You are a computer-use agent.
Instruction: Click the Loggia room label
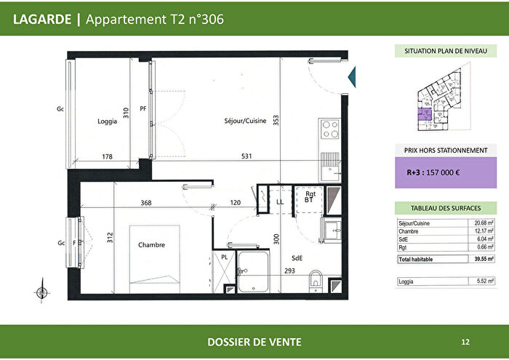(107, 121)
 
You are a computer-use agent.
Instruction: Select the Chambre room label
(151, 245)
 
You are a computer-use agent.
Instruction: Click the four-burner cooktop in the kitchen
(329, 129)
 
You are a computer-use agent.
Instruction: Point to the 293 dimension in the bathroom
(289, 271)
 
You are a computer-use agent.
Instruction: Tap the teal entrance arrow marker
(352, 76)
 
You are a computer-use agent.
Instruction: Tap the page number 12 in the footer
(465, 341)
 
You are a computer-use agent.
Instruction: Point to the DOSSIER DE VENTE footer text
(254, 342)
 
